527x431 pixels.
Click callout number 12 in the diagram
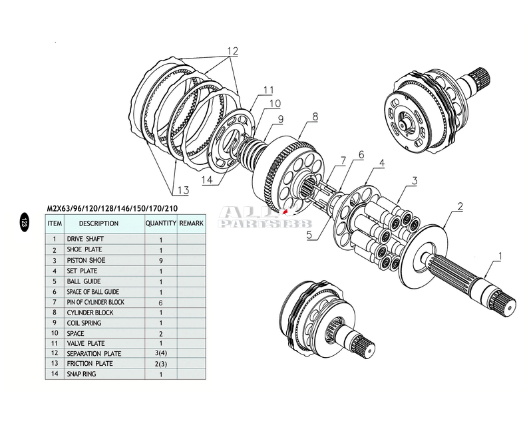(232, 51)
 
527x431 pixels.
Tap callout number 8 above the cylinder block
(314, 116)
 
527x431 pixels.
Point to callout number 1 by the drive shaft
(500, 255)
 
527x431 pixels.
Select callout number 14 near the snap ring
(207, 179)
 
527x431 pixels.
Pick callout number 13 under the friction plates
(183, 190)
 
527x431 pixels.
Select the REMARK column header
(191, 223)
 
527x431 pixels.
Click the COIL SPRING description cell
(85, 323)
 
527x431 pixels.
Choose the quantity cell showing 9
(161, 260)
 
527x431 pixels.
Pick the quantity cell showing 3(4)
(161, 354)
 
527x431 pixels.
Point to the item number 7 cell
(55, 302)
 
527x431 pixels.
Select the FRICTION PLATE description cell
(90, 364)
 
